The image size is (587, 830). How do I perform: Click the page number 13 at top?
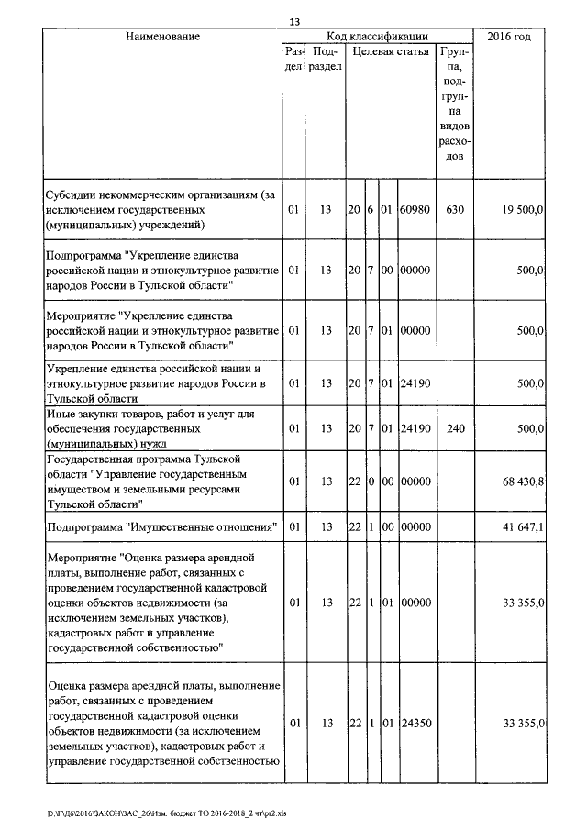[x=293, y=21]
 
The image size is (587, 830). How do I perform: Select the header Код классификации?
[x=377, y=36]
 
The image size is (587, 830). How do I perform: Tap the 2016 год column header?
[x=511, y=36]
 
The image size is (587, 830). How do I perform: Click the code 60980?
[x=415, y=209]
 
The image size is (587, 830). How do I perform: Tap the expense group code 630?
[x=455, y=209]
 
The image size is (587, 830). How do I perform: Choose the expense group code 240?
[x=455, y=426]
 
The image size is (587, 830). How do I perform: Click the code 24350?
[x=415, y=724]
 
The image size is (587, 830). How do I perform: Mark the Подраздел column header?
[x=325, y=59]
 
